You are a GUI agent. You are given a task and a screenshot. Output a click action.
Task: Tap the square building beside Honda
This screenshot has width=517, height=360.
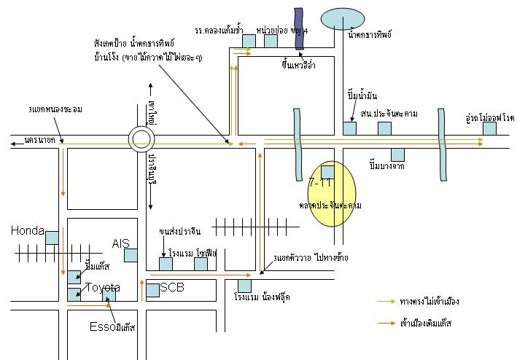(x=52, y=237)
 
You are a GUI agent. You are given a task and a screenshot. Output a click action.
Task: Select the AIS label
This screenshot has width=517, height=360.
(x=120, y=243)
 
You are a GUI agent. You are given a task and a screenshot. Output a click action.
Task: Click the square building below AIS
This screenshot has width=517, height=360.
(x=131, y=255)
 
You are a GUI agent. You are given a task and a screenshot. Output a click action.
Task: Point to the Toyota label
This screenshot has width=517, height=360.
(x=103, y=288)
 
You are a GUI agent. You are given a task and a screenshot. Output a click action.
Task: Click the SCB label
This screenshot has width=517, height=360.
(x=172, y=287)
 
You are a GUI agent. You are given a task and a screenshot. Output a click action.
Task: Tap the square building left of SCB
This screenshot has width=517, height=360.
(x=152, y=291)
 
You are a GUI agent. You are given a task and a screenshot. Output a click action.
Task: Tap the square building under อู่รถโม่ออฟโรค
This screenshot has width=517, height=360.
(x=489, y=128)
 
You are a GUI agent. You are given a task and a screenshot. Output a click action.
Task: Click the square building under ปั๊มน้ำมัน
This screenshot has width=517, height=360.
(x=350, y=128)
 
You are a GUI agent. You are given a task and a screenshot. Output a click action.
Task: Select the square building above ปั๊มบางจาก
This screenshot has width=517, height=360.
(x=397, y=154)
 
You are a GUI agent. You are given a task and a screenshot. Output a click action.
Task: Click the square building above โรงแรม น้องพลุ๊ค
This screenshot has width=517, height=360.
(x=244, y=286)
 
